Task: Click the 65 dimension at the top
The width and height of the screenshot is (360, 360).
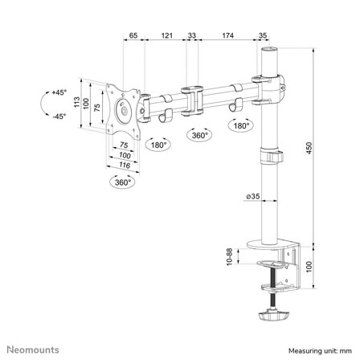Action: (x=133, y=37)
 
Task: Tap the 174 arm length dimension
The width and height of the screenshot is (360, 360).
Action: (x=227, y=37)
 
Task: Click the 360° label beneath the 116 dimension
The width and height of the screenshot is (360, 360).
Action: (x=123, y=182)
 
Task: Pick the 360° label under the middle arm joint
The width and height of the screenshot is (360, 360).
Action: (x=198, y=135)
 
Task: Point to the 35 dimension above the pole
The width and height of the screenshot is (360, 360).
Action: (x=264, y=37)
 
